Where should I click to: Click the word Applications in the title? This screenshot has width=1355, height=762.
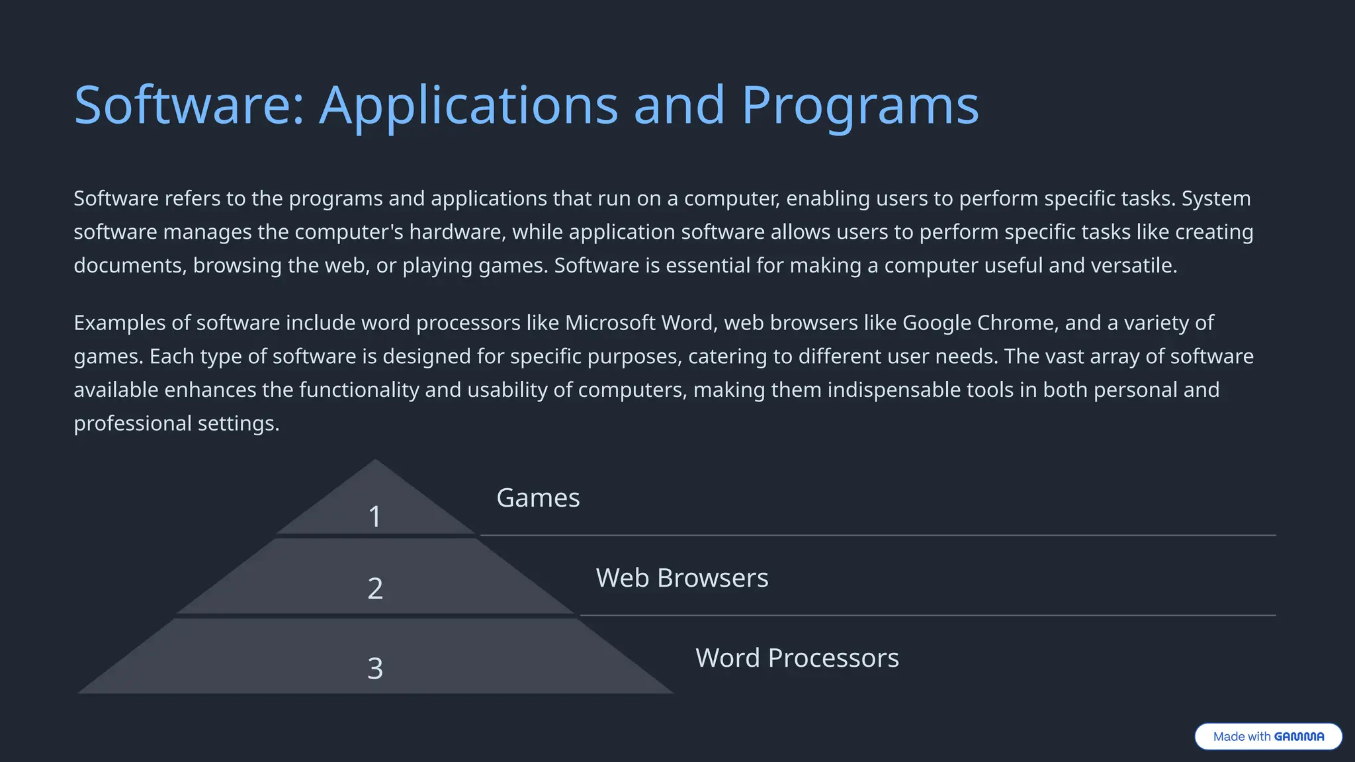[468, 106]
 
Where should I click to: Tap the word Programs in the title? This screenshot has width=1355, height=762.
[859, 106]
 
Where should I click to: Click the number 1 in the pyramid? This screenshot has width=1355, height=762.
[375, 517]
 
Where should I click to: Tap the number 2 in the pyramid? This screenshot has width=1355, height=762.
[375, 588]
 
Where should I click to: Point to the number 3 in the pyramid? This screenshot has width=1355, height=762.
[375, 668]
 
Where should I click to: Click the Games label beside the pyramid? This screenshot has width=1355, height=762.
[538, 498]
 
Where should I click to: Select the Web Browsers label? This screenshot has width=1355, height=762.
[682, 578]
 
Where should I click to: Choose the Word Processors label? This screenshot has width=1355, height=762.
[797, 658]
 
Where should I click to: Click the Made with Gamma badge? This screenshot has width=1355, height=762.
[1268, 736]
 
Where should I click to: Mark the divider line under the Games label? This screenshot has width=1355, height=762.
[877, 535]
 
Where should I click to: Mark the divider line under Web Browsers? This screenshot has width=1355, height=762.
[928, 615]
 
